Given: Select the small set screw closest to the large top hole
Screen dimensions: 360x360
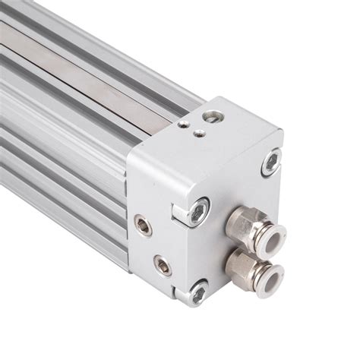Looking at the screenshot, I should [199, 133].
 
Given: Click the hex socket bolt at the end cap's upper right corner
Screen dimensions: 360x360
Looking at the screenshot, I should [270, 161].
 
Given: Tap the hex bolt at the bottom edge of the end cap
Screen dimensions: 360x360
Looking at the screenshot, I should [198, 290].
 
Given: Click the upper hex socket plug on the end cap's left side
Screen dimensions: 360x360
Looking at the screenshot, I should [143, 225].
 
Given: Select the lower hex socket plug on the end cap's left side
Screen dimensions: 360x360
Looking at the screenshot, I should [162, 265].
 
